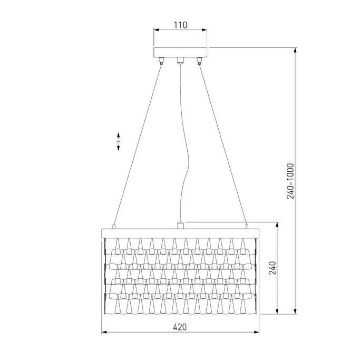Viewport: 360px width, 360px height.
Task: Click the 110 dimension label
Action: (180, 25)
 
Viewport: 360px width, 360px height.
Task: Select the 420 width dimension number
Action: (180, 327)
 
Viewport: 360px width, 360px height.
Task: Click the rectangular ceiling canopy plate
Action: (180, 52)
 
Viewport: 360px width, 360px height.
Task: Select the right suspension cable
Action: (223, 142)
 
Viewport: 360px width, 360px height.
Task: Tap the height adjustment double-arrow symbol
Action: (119, 141)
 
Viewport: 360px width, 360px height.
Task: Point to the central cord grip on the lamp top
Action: (180, 225)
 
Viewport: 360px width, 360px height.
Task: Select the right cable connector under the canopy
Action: (199, 60)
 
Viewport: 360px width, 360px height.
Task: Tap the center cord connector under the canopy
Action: (180, 61)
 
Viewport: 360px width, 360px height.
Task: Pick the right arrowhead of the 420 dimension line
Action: (257, 333)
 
